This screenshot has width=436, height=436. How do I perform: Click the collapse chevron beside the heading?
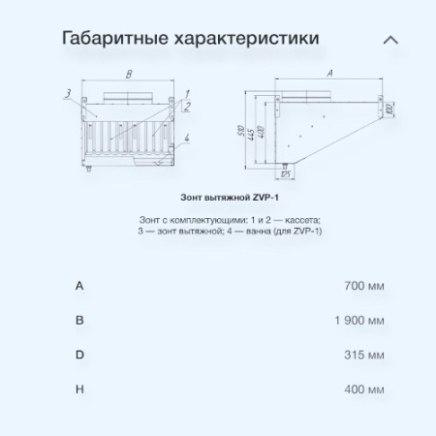pos(390,41)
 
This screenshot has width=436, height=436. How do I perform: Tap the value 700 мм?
pos(363,286)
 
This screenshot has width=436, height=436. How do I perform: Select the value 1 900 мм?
pos(358,320)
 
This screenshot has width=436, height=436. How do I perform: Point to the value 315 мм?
pos(363,355)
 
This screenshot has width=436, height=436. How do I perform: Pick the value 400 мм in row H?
pos(363,389)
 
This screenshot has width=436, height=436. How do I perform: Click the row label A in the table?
pos(79,286)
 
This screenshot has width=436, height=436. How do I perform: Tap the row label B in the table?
pos(79,320)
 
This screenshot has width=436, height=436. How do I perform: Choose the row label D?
pos(79,355)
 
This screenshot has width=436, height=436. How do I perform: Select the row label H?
pos(79,389)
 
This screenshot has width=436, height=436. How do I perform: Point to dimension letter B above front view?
pos(129,74)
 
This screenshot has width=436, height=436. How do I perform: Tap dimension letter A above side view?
pos(329,74)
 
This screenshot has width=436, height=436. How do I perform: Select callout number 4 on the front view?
pos(188,137)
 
